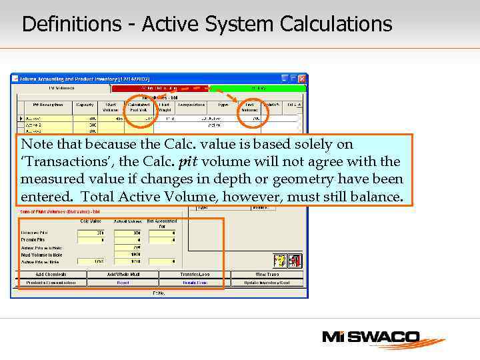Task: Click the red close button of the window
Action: tap(302, 78)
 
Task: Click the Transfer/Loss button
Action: tap(195, 274)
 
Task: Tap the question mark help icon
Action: tap(280, 259)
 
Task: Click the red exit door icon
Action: tap(295, 259)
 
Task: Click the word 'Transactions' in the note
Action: tap(59, 162)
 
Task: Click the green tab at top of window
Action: tap(257, 87)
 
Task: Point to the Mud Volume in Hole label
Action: tap(41, 254)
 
